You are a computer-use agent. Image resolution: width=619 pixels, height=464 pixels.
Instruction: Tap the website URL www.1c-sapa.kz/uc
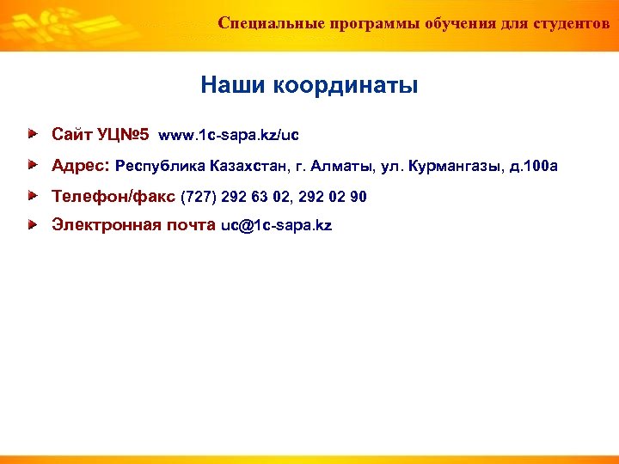(229, 136)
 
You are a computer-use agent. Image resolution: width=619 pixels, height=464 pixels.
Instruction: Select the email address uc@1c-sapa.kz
(276, 227)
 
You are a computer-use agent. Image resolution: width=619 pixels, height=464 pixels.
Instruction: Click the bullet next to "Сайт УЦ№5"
(32, 135)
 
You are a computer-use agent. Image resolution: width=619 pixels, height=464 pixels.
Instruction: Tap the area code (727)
(199, 197)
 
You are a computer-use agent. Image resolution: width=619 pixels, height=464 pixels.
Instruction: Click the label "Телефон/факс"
(113, 197)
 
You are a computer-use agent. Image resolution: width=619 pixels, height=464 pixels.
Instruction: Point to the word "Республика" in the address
(157, 166)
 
